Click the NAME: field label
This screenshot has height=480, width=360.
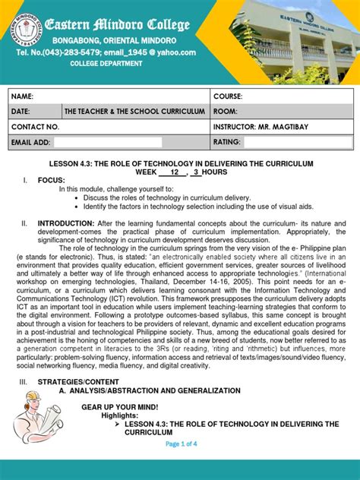click(x=23, y=96)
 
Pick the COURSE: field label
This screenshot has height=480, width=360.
click(x=228, y=96)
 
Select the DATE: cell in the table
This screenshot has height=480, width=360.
click(x=21, y=111)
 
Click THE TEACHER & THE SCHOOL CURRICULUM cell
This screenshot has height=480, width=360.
click(x=135, y=111)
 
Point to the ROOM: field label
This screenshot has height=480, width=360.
click(x=226, y=111)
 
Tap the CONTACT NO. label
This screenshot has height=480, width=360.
click(x=35, y=127)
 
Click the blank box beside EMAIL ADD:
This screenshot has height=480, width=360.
click(x=108, y=142)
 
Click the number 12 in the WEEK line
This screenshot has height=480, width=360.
click(x=175, y=172)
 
